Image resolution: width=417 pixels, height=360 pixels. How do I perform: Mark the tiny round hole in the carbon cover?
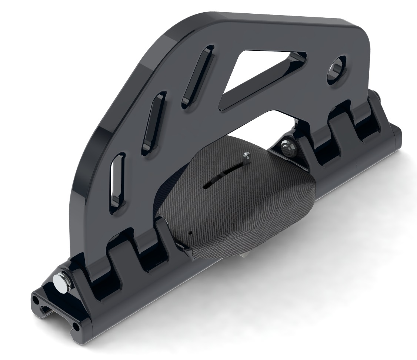point(190,233)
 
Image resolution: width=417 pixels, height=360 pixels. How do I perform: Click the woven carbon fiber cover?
point(241,207)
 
